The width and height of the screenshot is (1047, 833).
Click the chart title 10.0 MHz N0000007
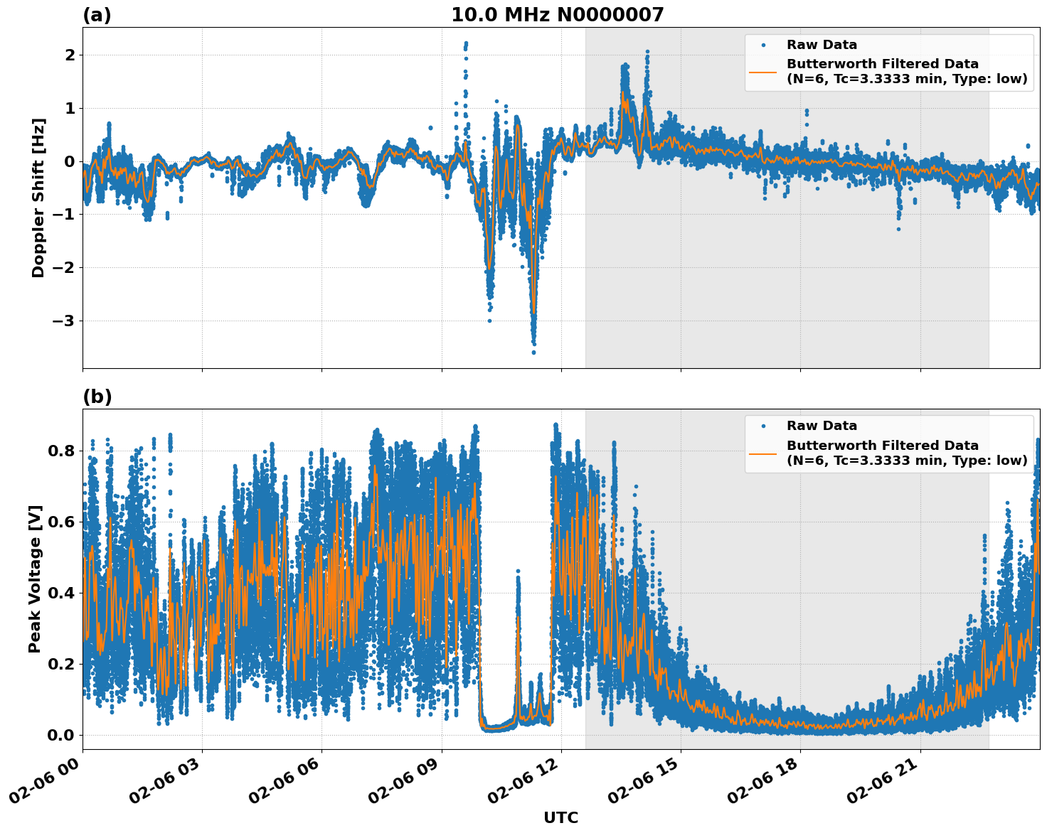point(557,15)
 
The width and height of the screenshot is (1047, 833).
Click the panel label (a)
point(97,15)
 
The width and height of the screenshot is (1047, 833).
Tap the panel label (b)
point(97,397)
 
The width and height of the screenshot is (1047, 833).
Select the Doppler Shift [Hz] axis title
point(38,198)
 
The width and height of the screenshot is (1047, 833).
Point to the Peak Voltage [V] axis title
point(35,579)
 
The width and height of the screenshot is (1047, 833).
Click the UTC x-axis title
point(560,817)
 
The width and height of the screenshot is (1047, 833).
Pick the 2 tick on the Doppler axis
point(70,55)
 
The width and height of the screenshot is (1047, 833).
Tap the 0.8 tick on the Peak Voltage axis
point(61,451)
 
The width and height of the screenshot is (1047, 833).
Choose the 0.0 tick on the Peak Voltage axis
point(61,735)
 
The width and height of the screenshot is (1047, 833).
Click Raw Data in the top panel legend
point(822,45)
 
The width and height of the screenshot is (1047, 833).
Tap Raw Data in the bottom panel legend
point(822,426)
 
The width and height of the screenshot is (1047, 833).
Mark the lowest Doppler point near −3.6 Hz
point(533,352)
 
